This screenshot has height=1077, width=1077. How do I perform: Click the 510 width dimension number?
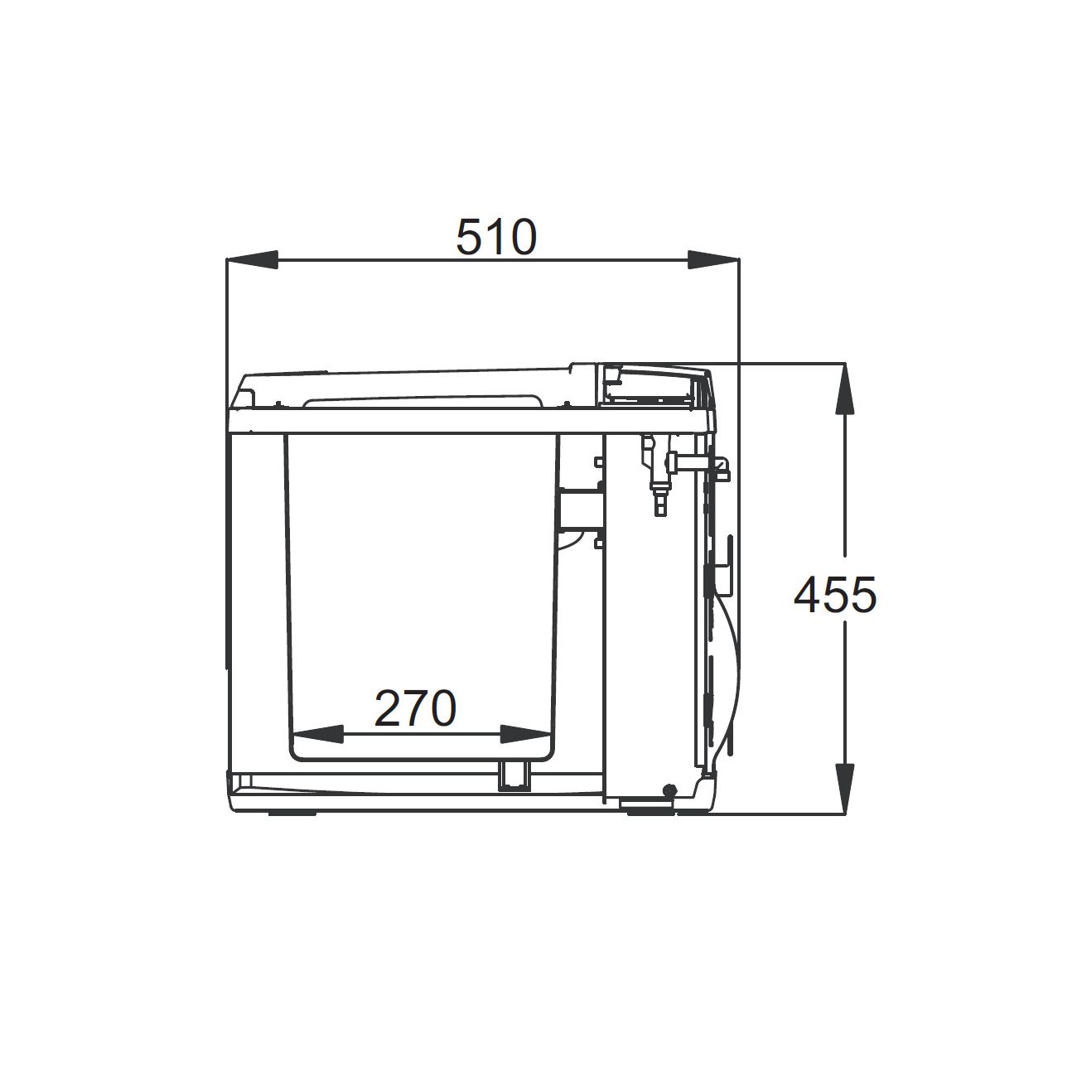pyautogui.click(x=496, y=237)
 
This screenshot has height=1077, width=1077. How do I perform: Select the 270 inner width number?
pyautogui.click(x=415, y=708)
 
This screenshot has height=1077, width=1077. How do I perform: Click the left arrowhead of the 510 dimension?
pyautogui.click(x=252, y=259)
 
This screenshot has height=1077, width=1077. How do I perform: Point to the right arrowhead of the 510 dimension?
pyautogui.click(x=713, y=259)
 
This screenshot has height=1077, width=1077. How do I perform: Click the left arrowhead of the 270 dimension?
pyautogui.click(x=317, y=734)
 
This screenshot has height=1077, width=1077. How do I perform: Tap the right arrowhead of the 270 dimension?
pyautogui.click(x=525, y=734)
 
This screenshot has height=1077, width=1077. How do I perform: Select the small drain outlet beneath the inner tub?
pyautogui.click(x=514, y=776)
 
